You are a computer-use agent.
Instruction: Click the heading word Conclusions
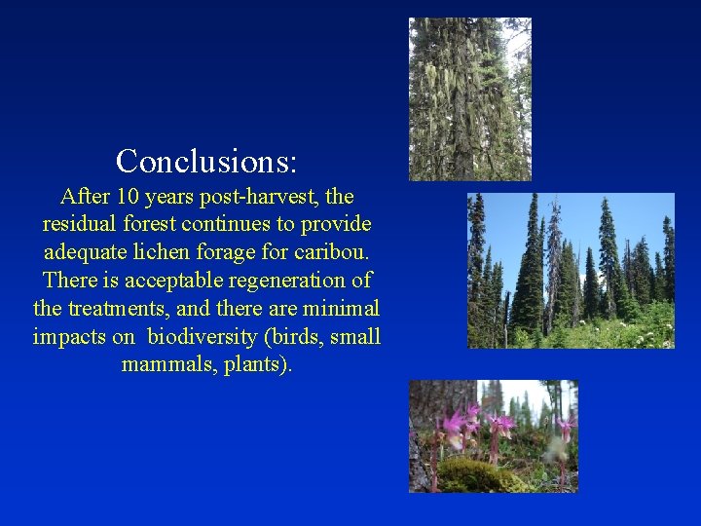tap(206, 160)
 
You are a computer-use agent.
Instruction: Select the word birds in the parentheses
tap(299, 337)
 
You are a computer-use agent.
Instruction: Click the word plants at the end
tap(258, 365)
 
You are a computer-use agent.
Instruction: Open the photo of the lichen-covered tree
tap(469, 99)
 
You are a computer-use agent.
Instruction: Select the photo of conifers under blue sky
tap(571, 270)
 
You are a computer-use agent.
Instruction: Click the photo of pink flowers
tap(493, 435)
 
